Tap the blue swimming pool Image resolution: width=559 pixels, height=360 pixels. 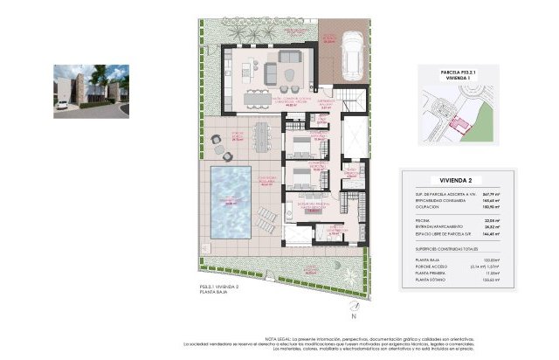click(x=229, y=202)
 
